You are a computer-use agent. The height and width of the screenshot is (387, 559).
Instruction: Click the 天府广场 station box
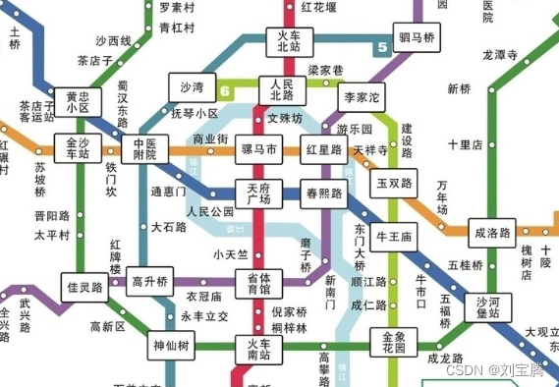[x=258, y=193]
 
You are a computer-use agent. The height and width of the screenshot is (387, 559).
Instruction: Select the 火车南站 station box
[x=258, y=350]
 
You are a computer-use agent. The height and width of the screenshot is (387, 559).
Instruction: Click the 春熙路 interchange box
[x=324, y=193]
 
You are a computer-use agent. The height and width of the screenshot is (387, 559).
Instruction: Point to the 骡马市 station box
[x=259, y=151]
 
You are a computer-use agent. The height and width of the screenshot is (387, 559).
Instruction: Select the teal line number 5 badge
[x=379, y=46]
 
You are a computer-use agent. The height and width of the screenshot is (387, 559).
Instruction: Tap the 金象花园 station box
[x=393, y=342]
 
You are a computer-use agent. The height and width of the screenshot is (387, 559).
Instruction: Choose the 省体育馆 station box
[x=258, y=283]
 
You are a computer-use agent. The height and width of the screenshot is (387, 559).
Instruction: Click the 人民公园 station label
[x=210, y=211]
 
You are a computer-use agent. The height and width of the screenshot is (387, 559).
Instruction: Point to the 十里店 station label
[x=465, y=144]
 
